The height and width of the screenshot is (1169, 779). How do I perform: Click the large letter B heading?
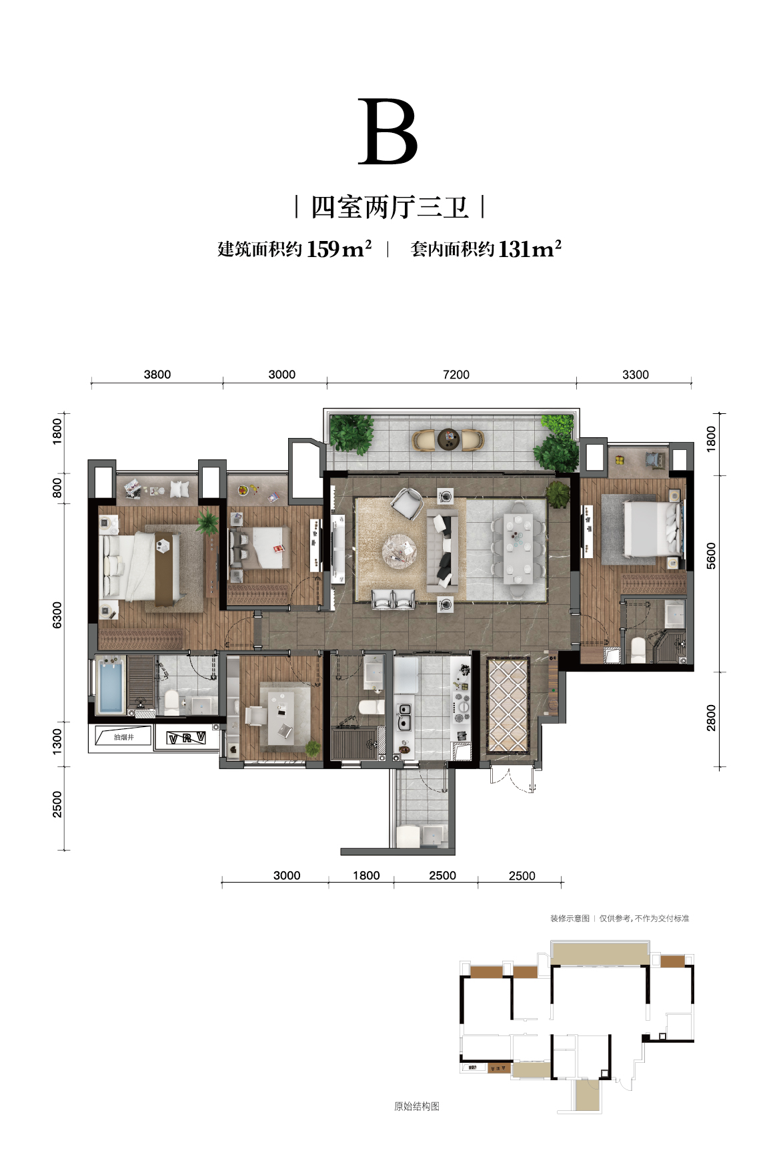pyautogui.click(x=388, y=132)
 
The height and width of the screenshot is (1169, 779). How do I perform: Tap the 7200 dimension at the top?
pyautogui.click(x=456, y=375)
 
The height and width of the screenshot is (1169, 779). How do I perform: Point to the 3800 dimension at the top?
pyautogui.click(x=157, y=375)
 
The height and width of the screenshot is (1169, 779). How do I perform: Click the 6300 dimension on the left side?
pyautogui.click(x=57, y=614)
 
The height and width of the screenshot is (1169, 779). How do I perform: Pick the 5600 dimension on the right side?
pyautogui.click(x=711, y=555)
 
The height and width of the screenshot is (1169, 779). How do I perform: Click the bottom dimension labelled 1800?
pyautogui.click(x=366, y=875)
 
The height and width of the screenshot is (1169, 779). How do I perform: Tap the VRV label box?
pyautogui.click(x=186, y=738)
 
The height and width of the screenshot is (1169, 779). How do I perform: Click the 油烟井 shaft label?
pyautogui.click(x=123, y=737)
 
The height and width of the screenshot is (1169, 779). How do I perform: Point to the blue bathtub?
pyautogui.click(x=109, y=686)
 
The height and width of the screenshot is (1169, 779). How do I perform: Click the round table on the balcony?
pyautogui.click(x=448, y=439)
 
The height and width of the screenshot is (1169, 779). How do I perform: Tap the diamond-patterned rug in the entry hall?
pyautogui.click(x=508, y=704)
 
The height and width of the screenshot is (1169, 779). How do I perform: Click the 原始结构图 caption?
pyautogui.click(x=417, y=1106)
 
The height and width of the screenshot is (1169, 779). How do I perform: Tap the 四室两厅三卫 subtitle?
pyautogui.click(x=389, y=208)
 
